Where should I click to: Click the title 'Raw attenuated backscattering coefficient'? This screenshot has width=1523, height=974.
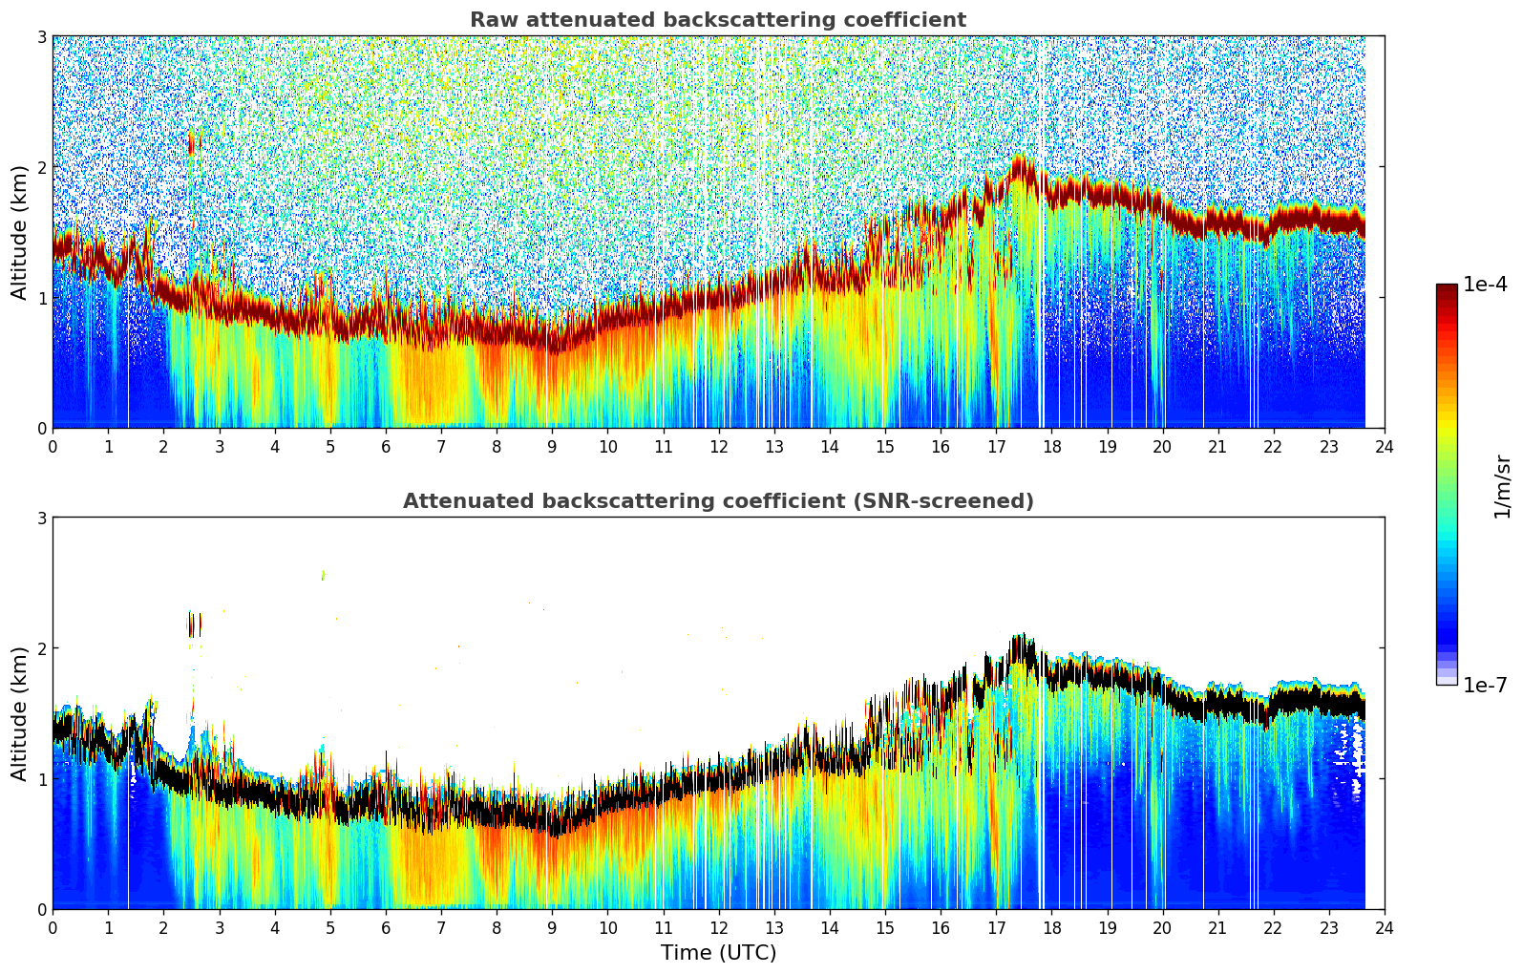(717, 20)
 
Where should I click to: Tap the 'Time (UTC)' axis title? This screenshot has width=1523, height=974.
(718, 953)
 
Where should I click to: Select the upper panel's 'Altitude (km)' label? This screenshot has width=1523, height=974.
(19, 232)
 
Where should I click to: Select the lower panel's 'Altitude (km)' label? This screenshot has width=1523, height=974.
(19, 713)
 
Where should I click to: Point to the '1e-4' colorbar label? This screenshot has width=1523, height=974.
(1485, 285)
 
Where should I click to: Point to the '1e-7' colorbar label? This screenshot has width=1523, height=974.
(1485, 685)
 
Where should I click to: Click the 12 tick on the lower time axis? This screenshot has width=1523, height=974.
(718, 928)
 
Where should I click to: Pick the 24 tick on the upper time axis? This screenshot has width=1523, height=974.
(1385, 447)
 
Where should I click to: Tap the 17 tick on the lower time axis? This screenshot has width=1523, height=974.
(996, 928)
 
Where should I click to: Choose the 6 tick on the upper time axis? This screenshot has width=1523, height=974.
(386, 447)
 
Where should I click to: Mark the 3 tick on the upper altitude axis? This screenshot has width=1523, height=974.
(42, 36)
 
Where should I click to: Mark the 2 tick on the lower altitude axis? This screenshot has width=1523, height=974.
(42, 648)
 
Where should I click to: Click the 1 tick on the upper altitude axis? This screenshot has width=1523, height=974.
(42, 298)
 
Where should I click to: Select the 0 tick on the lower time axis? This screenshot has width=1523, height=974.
(53, 928)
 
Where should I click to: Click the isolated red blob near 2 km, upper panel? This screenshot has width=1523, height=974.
(192, 143)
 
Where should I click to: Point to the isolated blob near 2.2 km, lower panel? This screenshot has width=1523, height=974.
(194, 625)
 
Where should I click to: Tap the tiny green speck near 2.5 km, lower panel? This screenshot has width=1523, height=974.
(323, 575)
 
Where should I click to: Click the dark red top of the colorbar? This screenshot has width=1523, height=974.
(1446, 288)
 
